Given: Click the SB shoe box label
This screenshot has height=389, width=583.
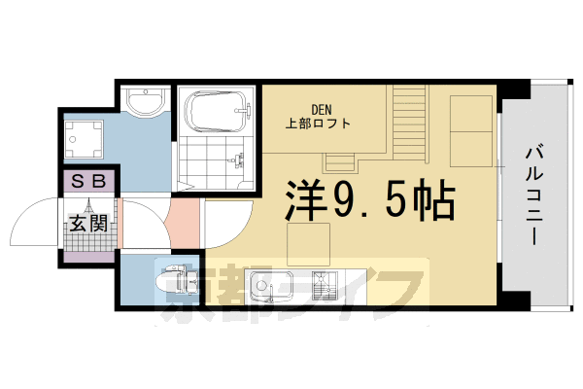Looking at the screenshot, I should point(89,182).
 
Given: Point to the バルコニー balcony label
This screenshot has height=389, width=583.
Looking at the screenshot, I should point(535,194).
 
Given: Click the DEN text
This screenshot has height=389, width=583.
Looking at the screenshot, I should point(325,109).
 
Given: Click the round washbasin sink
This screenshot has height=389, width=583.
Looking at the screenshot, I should point(146,104).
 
